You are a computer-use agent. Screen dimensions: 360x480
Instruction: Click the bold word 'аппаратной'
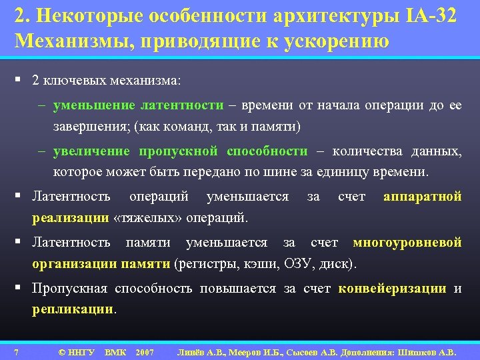click(423, 197)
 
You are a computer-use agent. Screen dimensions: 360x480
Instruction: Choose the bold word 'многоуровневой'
click(407, 243)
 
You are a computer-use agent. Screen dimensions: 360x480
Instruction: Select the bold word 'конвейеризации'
click(393, 289)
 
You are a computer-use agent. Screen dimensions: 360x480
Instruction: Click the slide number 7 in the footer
click(16, 351)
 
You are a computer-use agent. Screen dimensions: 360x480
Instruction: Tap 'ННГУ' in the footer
click(81, 351)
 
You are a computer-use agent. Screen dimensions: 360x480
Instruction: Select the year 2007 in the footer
click(145, 351)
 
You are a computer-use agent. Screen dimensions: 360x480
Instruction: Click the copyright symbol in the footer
click(61, 351)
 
